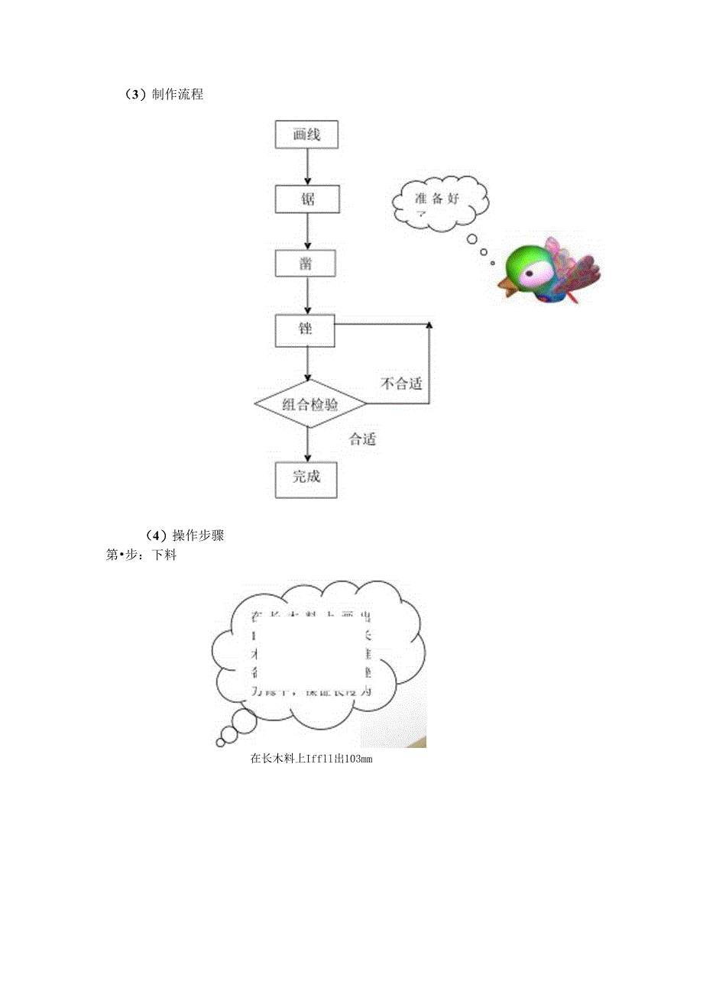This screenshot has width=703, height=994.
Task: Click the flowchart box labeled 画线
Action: [306, 135]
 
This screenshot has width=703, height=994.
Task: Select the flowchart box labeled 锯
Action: [306, 200]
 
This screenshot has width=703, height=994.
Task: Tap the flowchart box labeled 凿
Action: [306, 264]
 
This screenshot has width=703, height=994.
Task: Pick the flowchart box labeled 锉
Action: [306, 329]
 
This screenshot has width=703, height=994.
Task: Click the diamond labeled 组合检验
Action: [309, 404]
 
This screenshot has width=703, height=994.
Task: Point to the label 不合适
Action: [401, 384]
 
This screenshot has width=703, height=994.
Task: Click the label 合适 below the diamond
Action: [363, 439]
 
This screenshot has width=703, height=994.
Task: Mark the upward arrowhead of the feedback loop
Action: [429, 327]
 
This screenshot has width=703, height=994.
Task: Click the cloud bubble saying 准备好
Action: [440, 203]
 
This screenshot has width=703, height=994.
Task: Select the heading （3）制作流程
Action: [163, 95]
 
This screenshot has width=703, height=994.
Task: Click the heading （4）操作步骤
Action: [183, 536]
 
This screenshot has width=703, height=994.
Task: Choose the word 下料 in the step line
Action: [164, 555]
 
